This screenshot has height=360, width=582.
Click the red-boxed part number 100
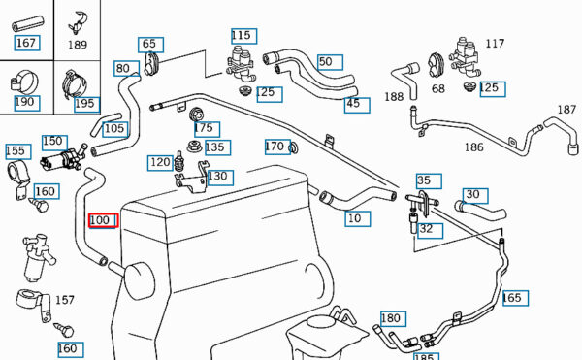coord(103,220)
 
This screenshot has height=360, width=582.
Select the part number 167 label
coord(27,43)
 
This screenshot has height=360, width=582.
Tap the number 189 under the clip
coord(78,45)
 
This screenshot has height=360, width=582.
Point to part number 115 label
coord(243,36)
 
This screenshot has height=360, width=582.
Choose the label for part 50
coord(330,62)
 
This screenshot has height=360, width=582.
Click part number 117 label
coord(495,44)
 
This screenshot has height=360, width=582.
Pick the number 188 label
coord(394,97)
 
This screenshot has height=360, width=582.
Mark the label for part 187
coord(566,110)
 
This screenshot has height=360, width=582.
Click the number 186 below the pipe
coord(474,147)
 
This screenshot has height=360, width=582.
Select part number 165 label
coord(516,298)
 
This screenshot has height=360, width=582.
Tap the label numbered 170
coord(277,147)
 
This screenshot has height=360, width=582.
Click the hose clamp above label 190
coord(24,82)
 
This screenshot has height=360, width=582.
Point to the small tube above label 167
coord(28,23)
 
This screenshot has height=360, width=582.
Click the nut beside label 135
coord(194,147)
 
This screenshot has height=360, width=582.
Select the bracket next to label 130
coord(193,178)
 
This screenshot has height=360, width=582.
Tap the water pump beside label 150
coord(64,158)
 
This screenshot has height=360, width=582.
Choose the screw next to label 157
coord(63,330)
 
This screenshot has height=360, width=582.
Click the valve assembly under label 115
coord(241,64)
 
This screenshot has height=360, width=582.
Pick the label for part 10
coord(357,218)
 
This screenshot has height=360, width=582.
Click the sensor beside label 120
coord(179,162)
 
